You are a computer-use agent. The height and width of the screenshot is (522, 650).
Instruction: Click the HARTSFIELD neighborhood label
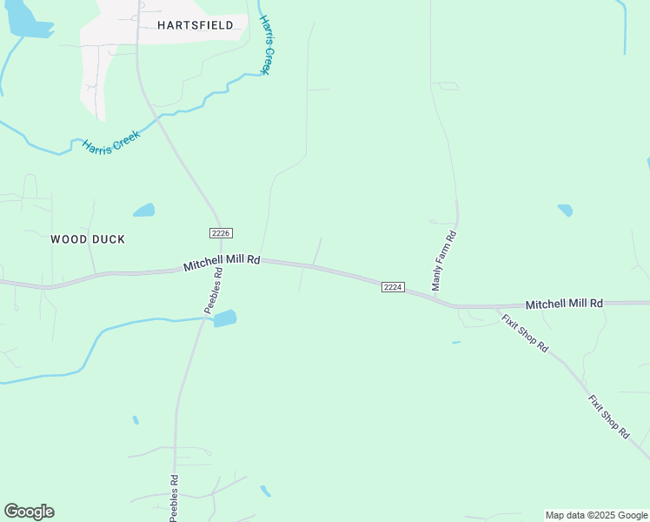[x=196, y=25]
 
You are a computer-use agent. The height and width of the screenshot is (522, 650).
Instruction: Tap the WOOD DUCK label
[x=88, y=239]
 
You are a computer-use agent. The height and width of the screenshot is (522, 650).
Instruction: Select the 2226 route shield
[x=220, y=232]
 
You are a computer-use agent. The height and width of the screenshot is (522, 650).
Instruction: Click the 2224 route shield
[x=393, y=287]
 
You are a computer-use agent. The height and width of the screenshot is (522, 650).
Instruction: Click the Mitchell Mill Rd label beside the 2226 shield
[x=222, y=263]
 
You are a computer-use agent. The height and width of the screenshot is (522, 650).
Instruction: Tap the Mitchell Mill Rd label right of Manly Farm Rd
[x=564, y=304]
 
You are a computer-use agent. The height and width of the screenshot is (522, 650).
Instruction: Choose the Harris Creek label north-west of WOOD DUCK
[x=111, y=143]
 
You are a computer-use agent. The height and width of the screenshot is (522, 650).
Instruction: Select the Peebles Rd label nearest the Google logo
[x=174, y=498]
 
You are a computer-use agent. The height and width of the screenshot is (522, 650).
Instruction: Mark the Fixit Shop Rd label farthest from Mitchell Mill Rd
[x=608, y=417]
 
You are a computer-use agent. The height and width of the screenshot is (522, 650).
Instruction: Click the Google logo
[x=29, y=512]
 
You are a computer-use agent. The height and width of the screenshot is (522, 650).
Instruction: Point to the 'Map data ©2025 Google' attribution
[x=597, y=515]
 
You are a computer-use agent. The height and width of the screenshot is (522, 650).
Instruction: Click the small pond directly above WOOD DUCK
[x=144, y=211]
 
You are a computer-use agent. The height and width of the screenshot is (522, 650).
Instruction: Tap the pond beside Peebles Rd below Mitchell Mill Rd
[x=225, y=318]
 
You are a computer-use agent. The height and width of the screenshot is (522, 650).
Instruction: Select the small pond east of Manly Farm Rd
[x=566, y=211]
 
